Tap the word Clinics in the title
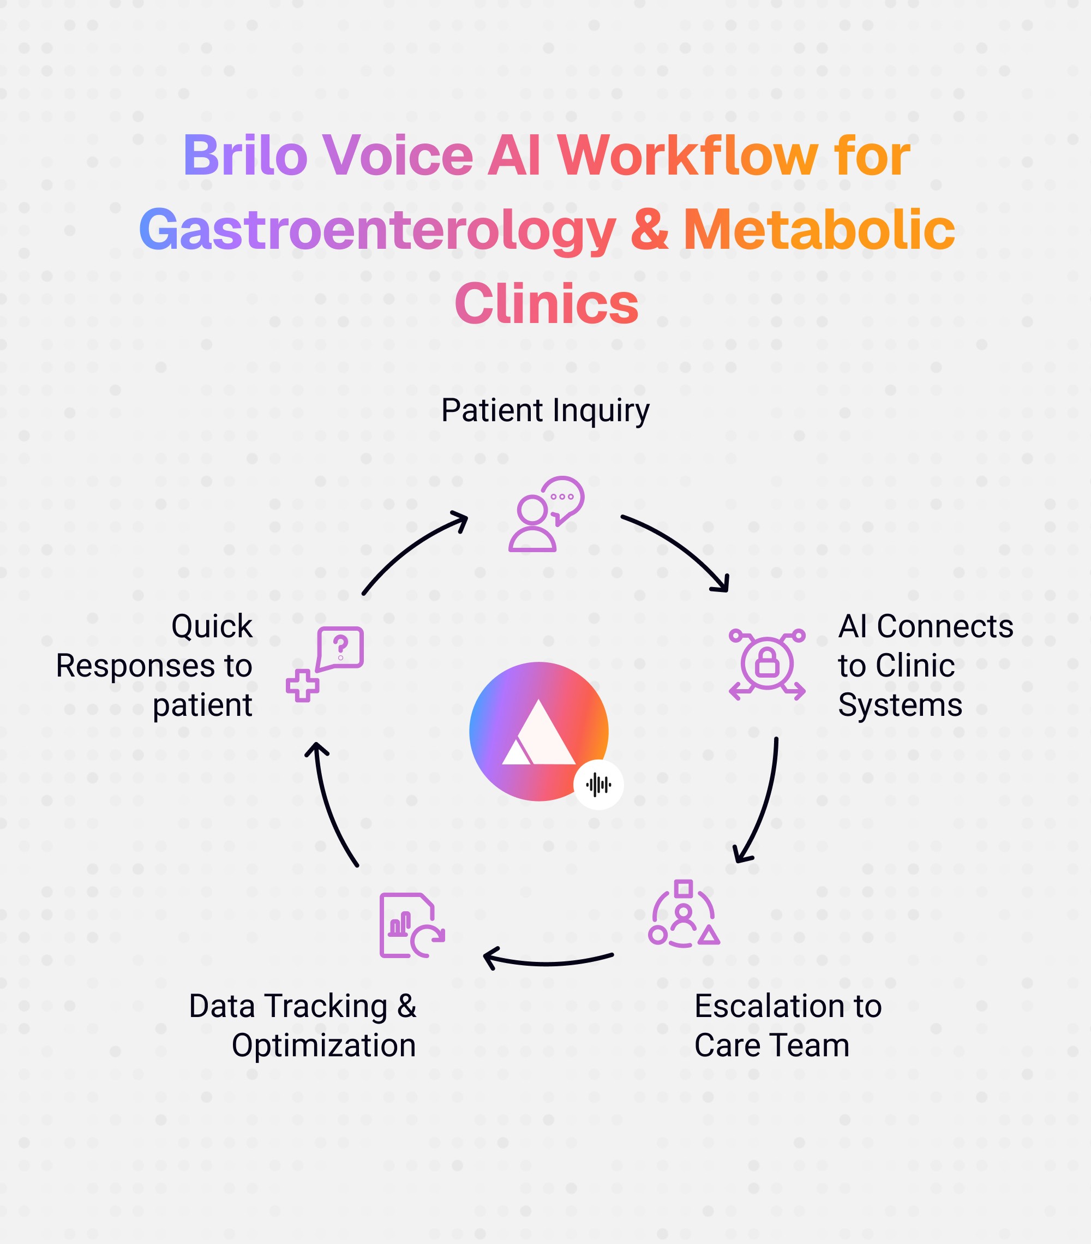pos(546,304)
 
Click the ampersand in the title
pos(649,230)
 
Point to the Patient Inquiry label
pos(545,411)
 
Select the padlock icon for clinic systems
pos(766,664)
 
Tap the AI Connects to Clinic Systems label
pos(925,665)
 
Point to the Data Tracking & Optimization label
pos(303,1026)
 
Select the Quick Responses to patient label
pos(154,665)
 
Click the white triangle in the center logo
pos(538,734)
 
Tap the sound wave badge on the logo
pos(598,785)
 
